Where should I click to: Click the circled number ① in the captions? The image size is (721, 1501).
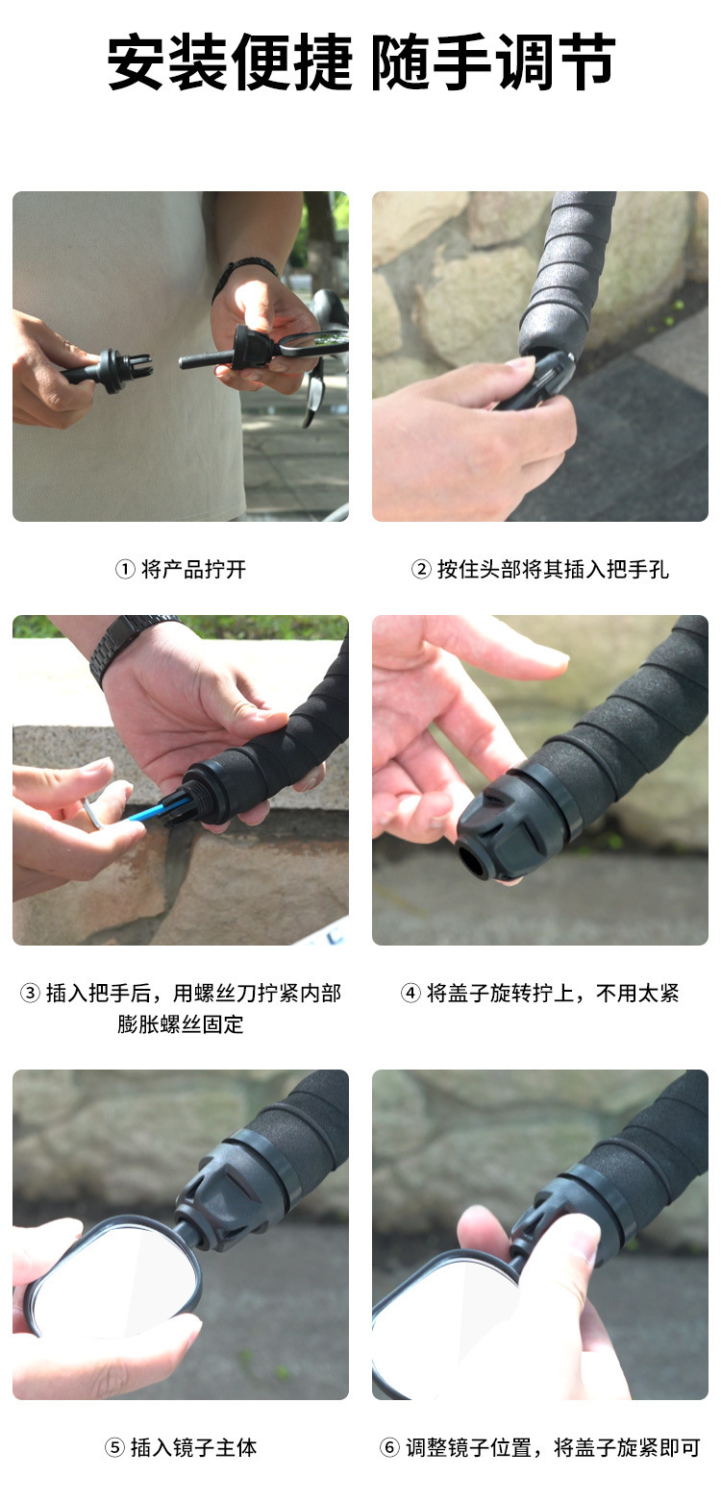pos(125,570)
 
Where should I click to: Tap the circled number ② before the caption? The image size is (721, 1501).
pos(421,570)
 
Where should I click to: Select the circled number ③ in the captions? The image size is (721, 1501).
pos(30,993)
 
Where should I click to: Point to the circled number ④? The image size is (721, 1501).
pos(410,993)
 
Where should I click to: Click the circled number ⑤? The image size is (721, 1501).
pos(114,1447)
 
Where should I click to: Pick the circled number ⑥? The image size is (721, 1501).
pos(390,1447)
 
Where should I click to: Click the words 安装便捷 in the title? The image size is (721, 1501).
pos(230,62)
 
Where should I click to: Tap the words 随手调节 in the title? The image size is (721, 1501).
pos(493,62)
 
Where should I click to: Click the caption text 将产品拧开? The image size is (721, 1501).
pos(193,570)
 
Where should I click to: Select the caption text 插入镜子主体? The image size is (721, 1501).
pos(193,1447)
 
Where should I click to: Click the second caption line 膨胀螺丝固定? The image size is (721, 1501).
pos(181,1024)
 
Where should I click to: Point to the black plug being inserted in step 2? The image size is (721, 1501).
pos(536,381)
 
